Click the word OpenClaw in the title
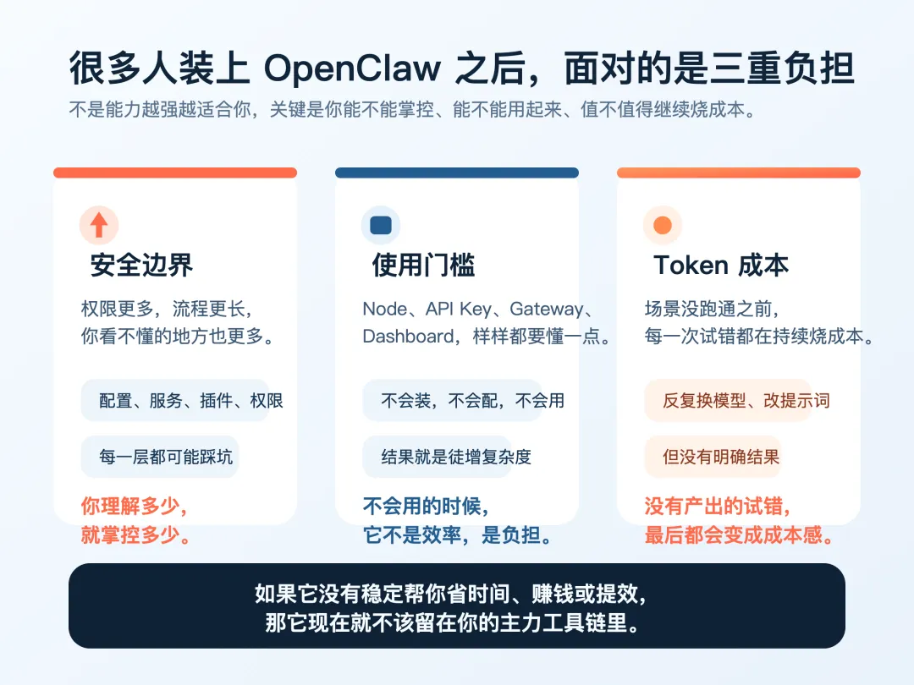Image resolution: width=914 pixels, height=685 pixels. pos(352,68)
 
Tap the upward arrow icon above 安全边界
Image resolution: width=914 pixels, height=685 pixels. pos(99,225)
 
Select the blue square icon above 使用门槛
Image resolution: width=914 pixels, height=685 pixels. pos(381,225)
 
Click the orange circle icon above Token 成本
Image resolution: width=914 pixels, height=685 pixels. pos(663,225)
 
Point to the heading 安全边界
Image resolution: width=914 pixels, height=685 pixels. pos(141,266)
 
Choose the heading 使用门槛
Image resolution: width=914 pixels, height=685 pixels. pos(423,266)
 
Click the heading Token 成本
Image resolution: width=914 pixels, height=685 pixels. pos(721,266)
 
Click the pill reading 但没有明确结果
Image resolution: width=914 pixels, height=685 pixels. pos(720,458)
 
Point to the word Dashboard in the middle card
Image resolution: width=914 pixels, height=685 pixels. pos(408,336)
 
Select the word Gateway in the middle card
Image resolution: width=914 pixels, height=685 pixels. pos(546,309)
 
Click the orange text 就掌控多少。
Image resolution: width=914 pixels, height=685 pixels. pos(135,534)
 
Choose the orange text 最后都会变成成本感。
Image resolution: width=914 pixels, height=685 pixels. pos(739,534)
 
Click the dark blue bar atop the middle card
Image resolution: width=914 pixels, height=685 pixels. pos(457,173)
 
